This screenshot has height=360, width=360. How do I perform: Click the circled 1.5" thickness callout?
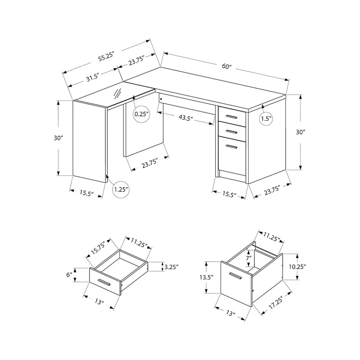click(266, 119)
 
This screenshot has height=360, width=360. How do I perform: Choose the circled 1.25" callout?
click(121, 189)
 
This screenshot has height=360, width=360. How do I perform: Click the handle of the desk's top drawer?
click(232, 118)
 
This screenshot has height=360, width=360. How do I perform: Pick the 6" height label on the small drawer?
click(69, 275)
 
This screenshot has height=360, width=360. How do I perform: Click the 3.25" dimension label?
click(171, 267)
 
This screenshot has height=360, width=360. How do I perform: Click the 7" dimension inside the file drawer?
click(248, 258)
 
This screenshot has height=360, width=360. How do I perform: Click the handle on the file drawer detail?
click(236, 276)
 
